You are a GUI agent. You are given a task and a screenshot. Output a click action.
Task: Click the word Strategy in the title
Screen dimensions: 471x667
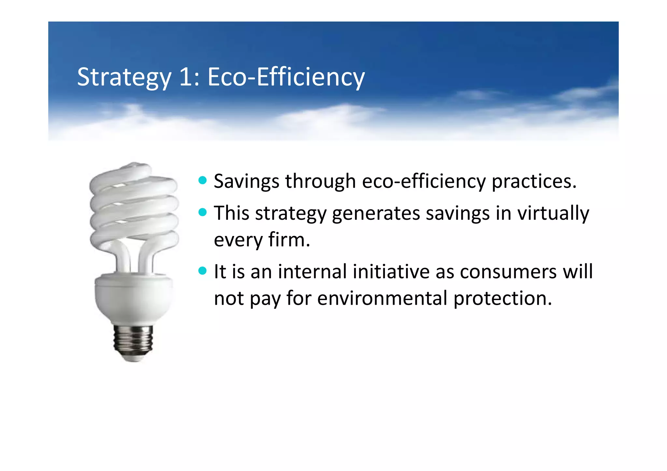pos(124,77)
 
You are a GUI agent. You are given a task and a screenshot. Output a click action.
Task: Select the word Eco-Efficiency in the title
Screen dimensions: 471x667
pos(286,77)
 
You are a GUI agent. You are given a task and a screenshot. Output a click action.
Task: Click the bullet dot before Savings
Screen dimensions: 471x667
pos(203,180)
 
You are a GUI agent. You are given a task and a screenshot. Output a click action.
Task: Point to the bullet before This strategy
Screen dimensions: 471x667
pos(203,213)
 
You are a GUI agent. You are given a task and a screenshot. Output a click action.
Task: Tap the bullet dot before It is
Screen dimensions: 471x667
pos(203,271)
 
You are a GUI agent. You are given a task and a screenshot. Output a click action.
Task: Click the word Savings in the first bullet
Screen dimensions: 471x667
pos(246,181)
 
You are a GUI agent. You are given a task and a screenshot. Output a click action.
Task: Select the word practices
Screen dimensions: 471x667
pos(534,181)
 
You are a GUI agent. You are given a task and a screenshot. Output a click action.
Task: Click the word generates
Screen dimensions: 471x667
pos(376,214)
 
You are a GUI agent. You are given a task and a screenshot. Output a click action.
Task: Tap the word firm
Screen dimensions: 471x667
pos(289,240)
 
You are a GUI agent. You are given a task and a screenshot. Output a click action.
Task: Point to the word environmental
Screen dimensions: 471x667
pos(382,298)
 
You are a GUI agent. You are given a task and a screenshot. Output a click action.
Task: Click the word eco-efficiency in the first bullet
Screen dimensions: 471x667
pos(423,181)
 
